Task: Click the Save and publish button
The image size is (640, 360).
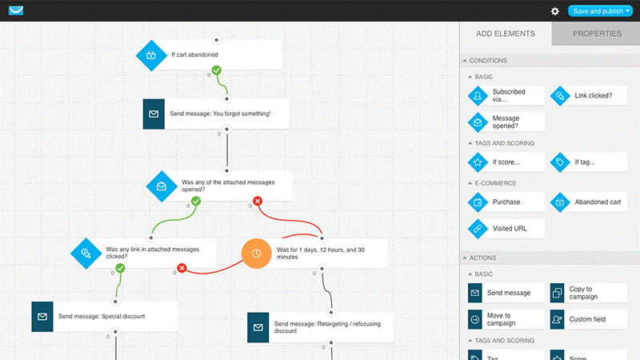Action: (x=600, y=11)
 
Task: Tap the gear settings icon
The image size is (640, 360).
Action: (x=554, y=11)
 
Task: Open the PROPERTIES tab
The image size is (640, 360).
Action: (x=597, y=34)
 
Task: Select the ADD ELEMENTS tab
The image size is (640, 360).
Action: (x=506, y=34)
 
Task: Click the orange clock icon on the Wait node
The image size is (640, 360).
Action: (x=256, y=254)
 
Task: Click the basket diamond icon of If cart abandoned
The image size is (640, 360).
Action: (x=151, y=55)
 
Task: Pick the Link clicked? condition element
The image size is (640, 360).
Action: (x=588, y=95)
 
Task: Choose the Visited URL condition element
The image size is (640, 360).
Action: (x=506, y=229)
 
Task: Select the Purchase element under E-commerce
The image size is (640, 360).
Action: (x=506, y=202)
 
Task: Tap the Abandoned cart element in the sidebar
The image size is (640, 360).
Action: (x=588, y=202)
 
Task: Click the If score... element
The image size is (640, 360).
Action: (x=506, y=162)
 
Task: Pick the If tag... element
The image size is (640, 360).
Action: (x=588, y=162)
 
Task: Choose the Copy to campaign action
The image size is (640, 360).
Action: (x=588, y=293)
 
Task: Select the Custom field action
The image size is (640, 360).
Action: (x=588, y=319)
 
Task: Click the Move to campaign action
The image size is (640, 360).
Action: (x=506, y=319)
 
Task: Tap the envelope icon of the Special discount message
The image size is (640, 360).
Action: (x=42, y=316)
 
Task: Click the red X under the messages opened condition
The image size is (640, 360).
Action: (x=257, y=201)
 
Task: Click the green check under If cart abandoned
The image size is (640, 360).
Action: (x=216, y=70)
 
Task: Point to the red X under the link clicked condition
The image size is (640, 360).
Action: (x=182, y=268)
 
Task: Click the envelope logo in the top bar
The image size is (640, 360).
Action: (x=16, y=10)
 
